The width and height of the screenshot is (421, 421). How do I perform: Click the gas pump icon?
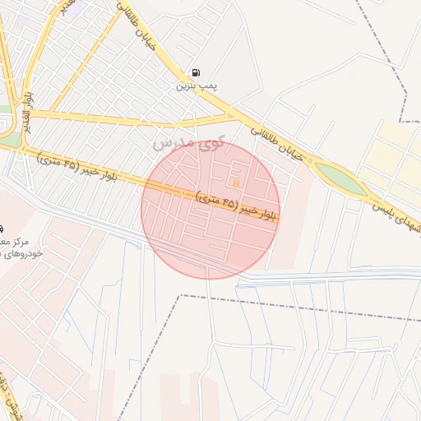[x=196, y=72]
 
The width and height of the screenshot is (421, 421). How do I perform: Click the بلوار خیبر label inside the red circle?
[x=238, y=206]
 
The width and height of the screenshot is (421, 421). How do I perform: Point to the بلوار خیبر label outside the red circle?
[x=78, y=164]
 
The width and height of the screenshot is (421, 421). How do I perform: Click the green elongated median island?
[x=339, y=178]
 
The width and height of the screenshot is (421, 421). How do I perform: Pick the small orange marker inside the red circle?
[x=237, y=183]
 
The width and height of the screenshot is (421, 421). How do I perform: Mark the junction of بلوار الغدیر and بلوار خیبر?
[x=18, y=148]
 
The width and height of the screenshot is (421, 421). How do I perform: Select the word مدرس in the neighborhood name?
[x=169, y=145]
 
